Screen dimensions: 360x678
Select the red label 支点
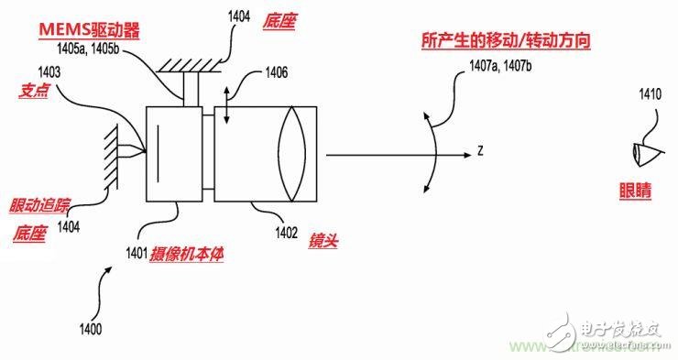pos(33,92)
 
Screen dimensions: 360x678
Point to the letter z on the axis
pos(478,151)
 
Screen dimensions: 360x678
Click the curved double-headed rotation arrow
pos(432,152)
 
